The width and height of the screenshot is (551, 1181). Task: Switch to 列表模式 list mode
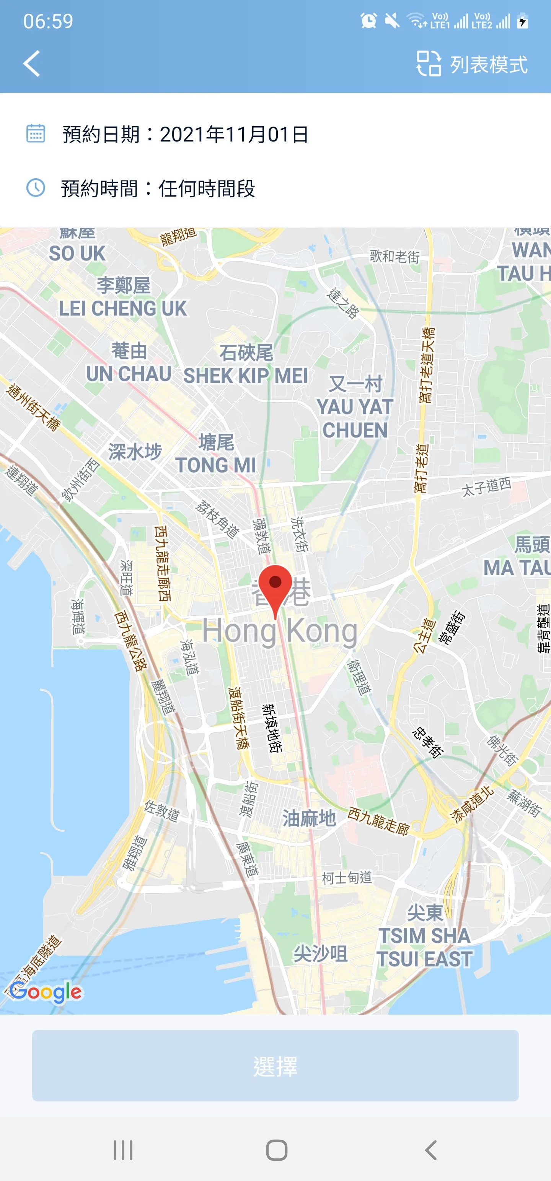click(x=472, y=64)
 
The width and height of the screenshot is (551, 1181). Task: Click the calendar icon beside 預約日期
click(x=35, y=134)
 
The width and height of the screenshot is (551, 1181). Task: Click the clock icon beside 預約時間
click(x=35, y=188)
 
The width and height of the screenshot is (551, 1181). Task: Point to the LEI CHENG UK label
click(x=123, y=308)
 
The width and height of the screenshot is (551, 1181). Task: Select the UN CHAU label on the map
click(x=129, y=374)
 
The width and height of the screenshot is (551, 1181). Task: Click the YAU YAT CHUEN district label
click(x=355, y=418)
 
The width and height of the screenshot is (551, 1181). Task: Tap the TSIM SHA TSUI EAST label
click(x=424, y=947)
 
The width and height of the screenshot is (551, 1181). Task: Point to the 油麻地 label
click(x=309, y=818)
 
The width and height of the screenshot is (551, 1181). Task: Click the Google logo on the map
click(x=46, y=992)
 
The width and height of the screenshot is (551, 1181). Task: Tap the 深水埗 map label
click(x=135, y=452)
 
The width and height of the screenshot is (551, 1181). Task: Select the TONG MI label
click(x=216, y=465)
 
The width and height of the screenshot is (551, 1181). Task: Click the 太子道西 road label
click(x=486, y=486)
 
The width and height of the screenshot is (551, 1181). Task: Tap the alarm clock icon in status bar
click(x=368, y=21)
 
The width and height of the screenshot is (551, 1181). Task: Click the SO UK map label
click(x=77, y=253)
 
